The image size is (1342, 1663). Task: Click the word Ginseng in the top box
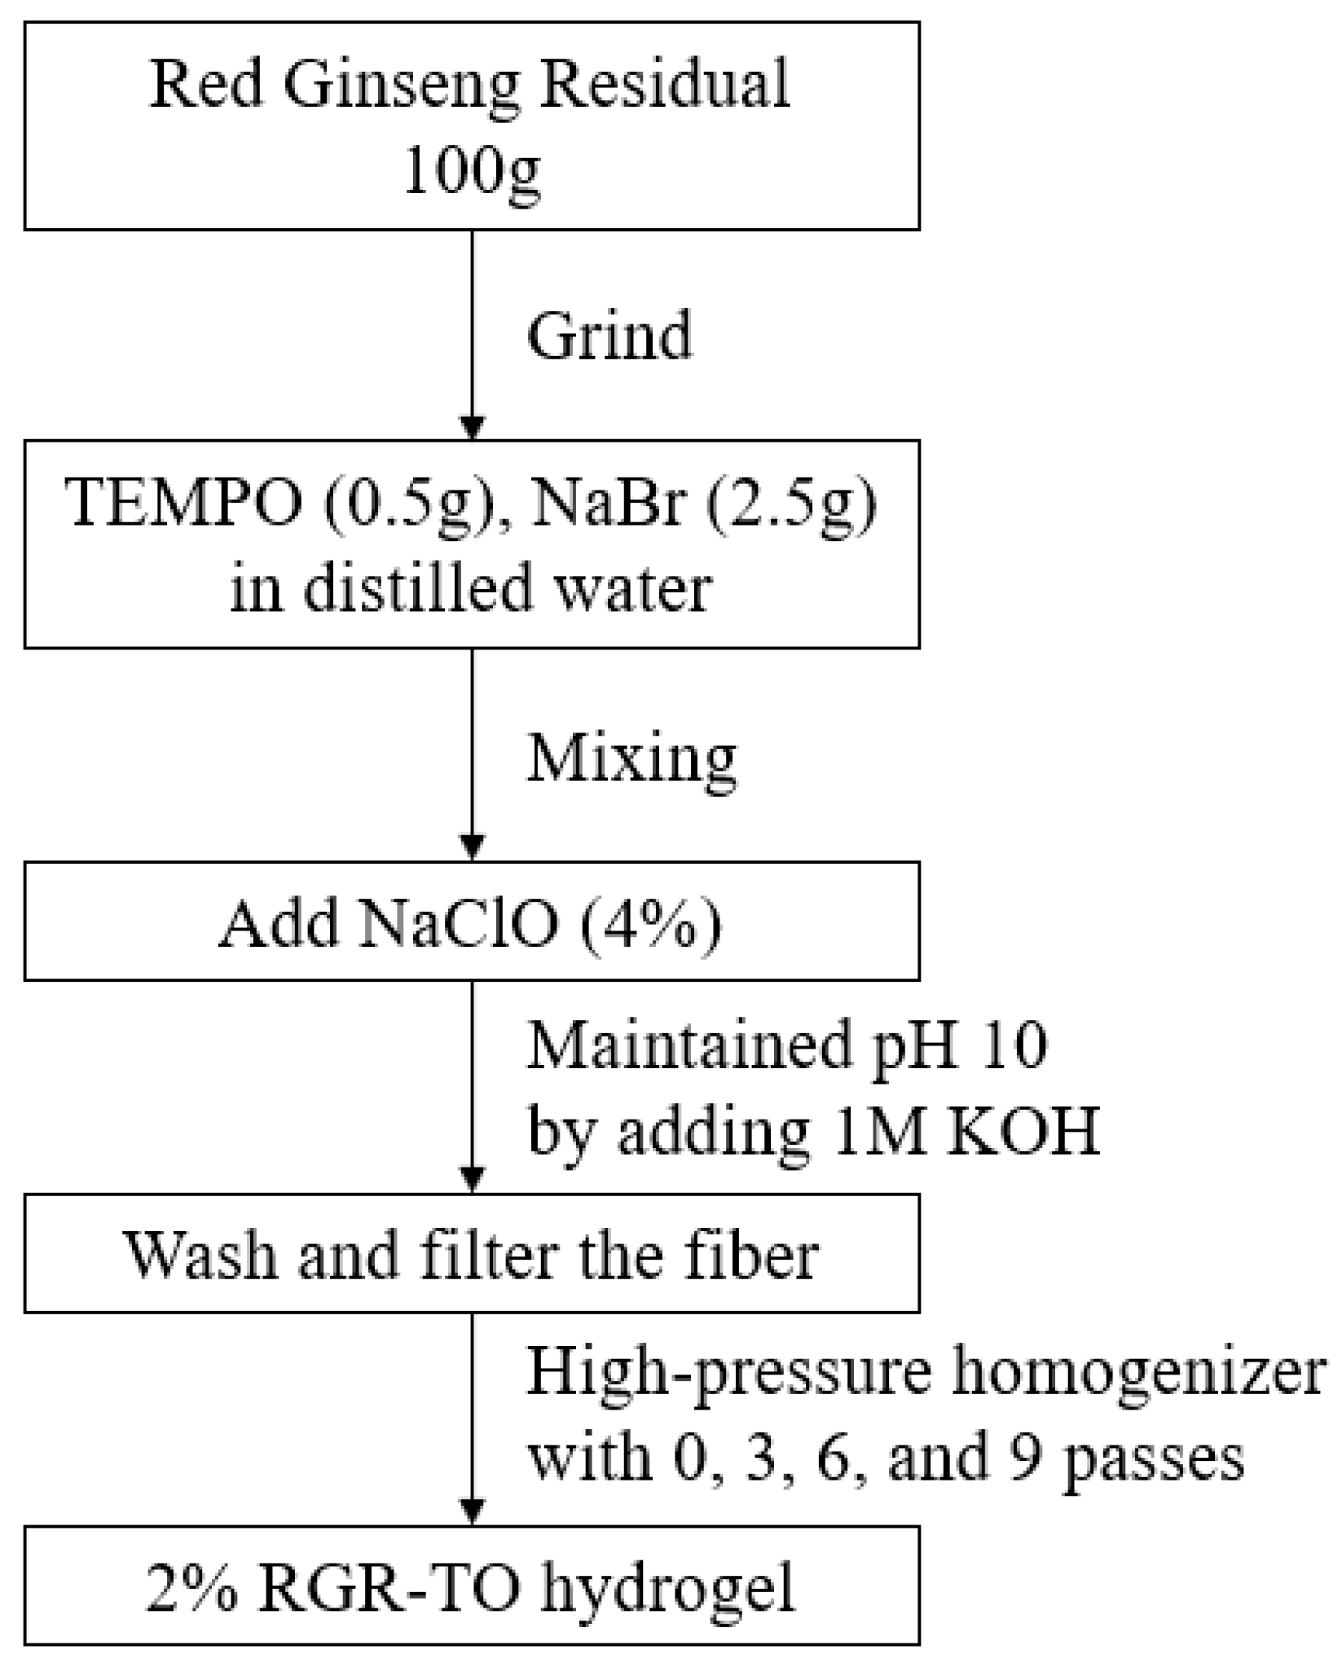402,87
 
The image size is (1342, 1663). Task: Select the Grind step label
609,335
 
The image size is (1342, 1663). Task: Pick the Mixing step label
631,759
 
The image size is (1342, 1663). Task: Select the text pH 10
957,1045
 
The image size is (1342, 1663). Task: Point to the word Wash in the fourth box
200,1254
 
